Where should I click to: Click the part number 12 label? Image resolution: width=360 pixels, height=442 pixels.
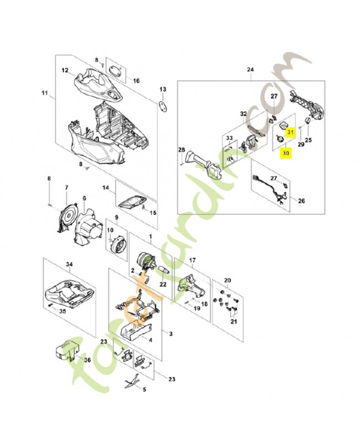[x=65, y=70]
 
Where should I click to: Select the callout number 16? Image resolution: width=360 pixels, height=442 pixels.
[x=136, y=80]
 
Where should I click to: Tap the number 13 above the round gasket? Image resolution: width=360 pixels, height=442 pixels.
[x=162, y=89]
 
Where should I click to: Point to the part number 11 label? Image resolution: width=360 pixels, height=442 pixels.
[x=45, y=92]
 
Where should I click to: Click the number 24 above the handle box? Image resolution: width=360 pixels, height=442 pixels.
[x=250, y=70]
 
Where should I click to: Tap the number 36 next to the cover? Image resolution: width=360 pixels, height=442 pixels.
[x=87, y=360]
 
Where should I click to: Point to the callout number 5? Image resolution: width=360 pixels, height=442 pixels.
[x=145, y=390]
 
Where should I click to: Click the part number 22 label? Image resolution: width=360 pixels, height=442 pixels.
[x=162, y=284]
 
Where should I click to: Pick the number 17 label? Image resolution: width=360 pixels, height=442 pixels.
[x=192, y=260]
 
